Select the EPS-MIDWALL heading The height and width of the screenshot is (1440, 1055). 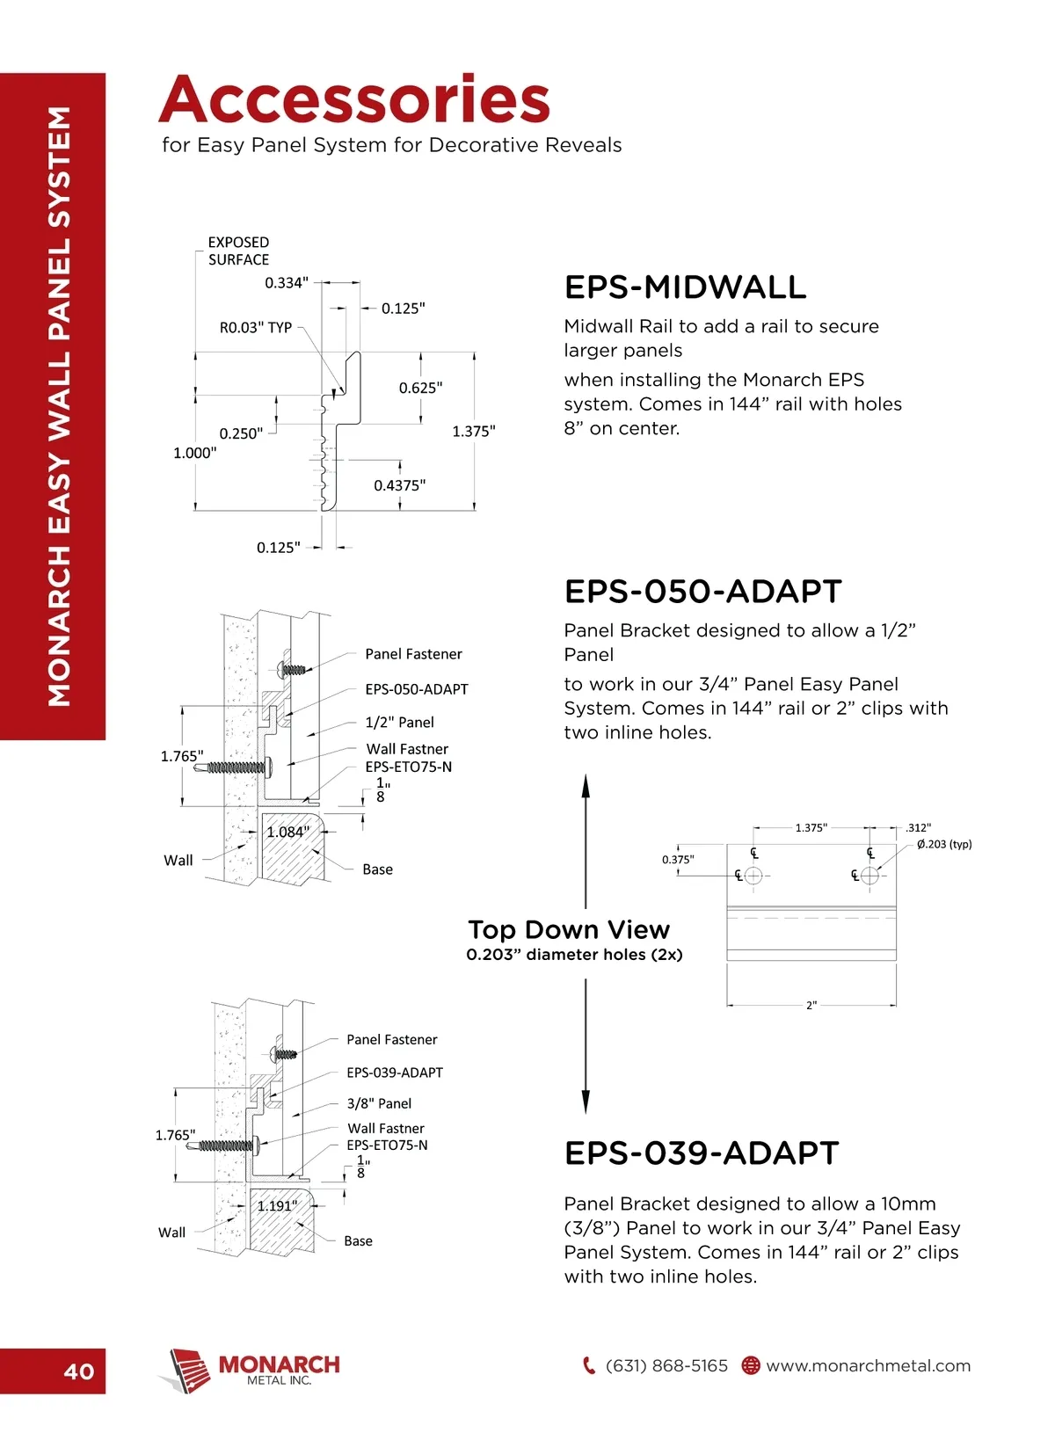[685, 287]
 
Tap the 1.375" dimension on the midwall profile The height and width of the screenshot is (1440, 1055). [474, 431]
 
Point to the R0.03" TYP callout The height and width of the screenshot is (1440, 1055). [256, 328]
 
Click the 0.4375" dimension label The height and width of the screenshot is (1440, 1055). [399, 485]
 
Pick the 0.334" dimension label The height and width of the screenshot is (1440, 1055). [287, 283]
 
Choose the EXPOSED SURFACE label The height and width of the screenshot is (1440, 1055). [238, 251]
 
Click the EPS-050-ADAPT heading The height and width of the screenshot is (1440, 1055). [702, 592]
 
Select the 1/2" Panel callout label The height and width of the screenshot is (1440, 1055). [399, 723]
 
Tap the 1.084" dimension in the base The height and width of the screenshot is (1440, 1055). [288, 832]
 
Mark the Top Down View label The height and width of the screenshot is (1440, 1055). [569, 930]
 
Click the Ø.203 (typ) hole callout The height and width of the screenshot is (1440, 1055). [944, 844]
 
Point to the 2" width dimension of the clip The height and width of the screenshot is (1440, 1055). [811, 1005]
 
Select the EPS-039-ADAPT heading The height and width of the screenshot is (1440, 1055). [702, 1153]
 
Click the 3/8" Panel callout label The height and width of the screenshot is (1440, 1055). [379, 1103]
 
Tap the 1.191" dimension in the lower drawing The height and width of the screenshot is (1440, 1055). [278, 1205]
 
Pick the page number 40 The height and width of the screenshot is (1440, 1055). [79, 1371]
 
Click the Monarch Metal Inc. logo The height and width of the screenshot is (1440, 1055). [250, 1369]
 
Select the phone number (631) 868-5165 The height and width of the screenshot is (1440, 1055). [666, 1366]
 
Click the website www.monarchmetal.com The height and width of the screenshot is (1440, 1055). [868, 1366]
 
